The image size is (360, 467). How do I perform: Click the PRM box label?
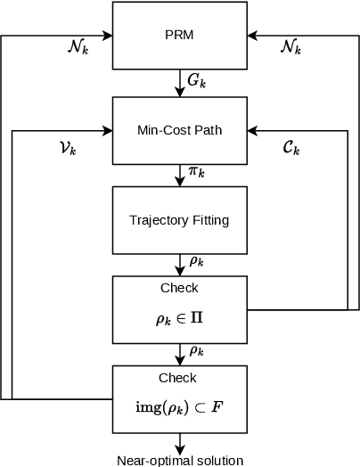[180, 37]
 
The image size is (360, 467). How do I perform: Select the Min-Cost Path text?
[180, 130]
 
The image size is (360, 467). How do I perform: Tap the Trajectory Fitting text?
[180, 219]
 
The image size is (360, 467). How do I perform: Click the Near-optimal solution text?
[180, 460]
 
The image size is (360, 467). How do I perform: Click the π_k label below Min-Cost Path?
[196, 171]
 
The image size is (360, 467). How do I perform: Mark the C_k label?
[291, 147]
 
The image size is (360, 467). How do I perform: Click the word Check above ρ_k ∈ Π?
[180, 289]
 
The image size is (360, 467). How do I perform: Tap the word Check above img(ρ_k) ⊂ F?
[180, 378]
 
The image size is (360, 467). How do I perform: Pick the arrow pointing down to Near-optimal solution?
[180, 443]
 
